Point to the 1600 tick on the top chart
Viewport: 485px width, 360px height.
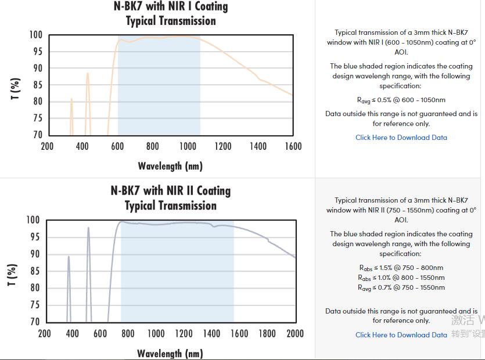(293, 146)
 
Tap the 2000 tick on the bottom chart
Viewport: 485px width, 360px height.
(295, 334)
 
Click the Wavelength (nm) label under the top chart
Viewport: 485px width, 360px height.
(170, 166)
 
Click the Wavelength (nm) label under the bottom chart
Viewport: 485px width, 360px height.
(170, 353)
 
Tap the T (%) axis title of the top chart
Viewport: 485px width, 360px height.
(16, 88)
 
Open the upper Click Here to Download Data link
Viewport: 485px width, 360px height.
(401, 138)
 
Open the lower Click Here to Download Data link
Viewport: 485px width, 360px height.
(401, 335)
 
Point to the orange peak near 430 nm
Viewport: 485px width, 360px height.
(88, 74)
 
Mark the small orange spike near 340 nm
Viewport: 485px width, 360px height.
(71, 99)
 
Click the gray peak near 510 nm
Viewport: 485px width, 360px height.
(88, 228)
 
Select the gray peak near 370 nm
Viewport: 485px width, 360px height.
(69, 257)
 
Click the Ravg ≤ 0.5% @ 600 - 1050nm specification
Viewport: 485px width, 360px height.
(401, 100)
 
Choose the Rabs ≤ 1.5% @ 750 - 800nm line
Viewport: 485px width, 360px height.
(401, 268)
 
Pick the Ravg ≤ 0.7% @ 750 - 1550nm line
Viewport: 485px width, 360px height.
(401, 287)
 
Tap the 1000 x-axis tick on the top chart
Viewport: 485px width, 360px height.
(188, 146)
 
